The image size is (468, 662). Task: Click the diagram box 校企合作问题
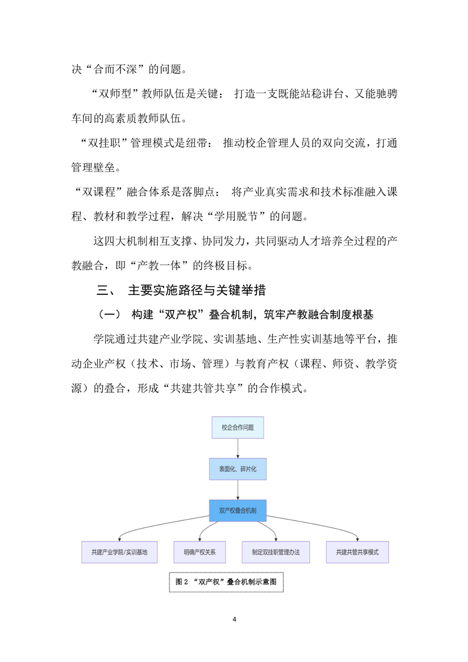(x=237, y=427)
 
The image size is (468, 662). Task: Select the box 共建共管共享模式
(x=357, y=552)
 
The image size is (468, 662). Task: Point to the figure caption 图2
(x=226, y=581)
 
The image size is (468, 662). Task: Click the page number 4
(x=234, y=620)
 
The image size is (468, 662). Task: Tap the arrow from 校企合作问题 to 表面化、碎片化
(x=237, y=448)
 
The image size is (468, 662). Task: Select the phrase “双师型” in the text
(x=117, y=94)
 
